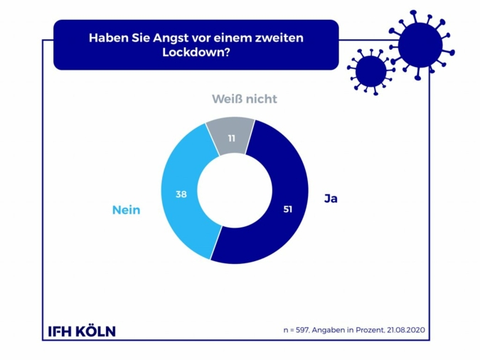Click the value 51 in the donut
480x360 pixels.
coord(287,209)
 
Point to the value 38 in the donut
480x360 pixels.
coord(181,193)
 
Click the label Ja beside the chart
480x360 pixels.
coord(330,198)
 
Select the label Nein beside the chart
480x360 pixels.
coord(126,210)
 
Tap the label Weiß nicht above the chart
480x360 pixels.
coord(244,99)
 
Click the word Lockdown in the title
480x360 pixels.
coord(193,53)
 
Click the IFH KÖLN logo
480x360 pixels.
coord(81,331)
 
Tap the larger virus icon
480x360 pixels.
coord(420,46)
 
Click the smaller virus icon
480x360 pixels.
coord(370,70)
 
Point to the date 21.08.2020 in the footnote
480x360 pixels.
coord(406,331)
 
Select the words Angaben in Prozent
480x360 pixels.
coord(349,331)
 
